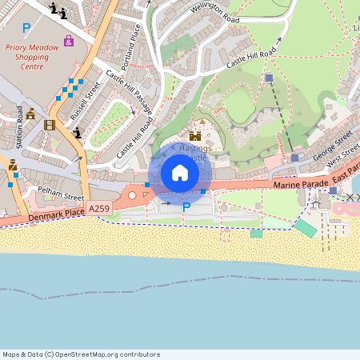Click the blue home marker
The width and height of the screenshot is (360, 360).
180,173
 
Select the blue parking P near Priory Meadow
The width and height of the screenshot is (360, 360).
26,28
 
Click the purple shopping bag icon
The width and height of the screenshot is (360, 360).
69,40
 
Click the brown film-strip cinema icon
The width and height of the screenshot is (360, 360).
50,125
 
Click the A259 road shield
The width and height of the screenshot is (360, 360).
99,209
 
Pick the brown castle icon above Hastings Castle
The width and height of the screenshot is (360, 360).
194,135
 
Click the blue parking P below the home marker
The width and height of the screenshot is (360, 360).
186,207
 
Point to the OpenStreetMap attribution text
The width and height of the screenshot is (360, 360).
81,354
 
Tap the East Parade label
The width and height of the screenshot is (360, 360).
346,172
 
